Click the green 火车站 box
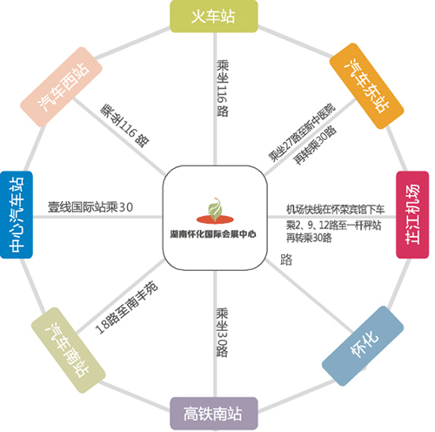(x=214, y=17)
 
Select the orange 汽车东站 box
(x=367, y=86)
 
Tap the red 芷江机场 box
(x=412, y=214)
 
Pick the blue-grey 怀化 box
(x=363, y=346)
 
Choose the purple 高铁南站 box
(x=214, y=414)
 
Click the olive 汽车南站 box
(x=69, y=350)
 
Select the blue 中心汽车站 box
(x=17, y=214)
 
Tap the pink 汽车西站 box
(x=61, y=87)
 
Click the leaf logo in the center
(x=215, y=211)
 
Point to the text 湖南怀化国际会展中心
(x=213, y=234)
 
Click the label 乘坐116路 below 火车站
(x=223, y=88)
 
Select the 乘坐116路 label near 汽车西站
(x=125, y=125)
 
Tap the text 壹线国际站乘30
(x=90, y=207)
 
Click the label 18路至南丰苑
(x=127, y=307)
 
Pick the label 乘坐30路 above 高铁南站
(x=222, y=332)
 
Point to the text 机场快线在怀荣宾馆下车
(x=336, y=209)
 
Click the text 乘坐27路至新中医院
(x=302, y=132)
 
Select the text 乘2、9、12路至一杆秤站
(x=333, y=225)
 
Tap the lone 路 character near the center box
(x=286, y=260)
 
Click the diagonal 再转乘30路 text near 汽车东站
(x=315, y=145)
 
